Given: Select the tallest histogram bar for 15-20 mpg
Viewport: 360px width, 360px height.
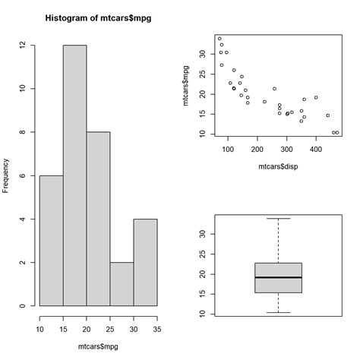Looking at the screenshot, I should [74, 175].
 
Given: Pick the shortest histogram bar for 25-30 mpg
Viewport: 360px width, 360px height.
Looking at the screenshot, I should [122, 284].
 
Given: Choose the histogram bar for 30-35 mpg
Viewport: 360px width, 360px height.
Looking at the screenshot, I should [145, 262].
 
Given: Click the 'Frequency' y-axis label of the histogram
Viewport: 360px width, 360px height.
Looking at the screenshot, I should [7, 175].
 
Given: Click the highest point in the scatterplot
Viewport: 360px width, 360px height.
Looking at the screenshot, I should [219, 39].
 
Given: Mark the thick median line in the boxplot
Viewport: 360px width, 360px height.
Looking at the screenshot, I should [278, 277].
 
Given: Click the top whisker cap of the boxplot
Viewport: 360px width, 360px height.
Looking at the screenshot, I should [278, 219].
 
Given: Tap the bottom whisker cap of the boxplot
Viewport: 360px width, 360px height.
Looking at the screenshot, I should [278, 312].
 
